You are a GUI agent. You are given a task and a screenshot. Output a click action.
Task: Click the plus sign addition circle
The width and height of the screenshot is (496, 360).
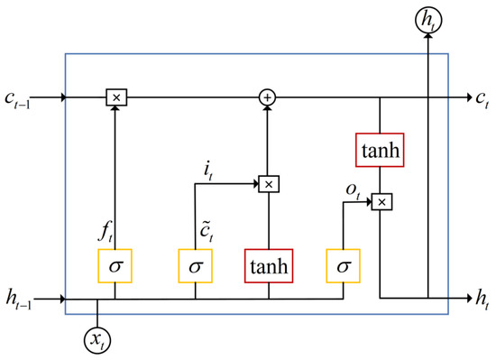point(268,96)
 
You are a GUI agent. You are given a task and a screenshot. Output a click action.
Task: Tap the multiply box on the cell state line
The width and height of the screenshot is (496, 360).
point(115,96)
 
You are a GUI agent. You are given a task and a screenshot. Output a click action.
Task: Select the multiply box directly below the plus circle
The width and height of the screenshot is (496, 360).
point(268,183)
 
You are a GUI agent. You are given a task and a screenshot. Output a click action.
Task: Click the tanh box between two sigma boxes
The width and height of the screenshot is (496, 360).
point(268,267)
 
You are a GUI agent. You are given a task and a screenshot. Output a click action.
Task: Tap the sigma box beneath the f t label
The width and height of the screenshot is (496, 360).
point(115,267)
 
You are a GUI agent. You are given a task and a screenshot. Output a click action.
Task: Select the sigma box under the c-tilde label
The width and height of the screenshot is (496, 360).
point(195,267)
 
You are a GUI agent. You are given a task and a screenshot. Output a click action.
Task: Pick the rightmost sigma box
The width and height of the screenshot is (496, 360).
point(344,267)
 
